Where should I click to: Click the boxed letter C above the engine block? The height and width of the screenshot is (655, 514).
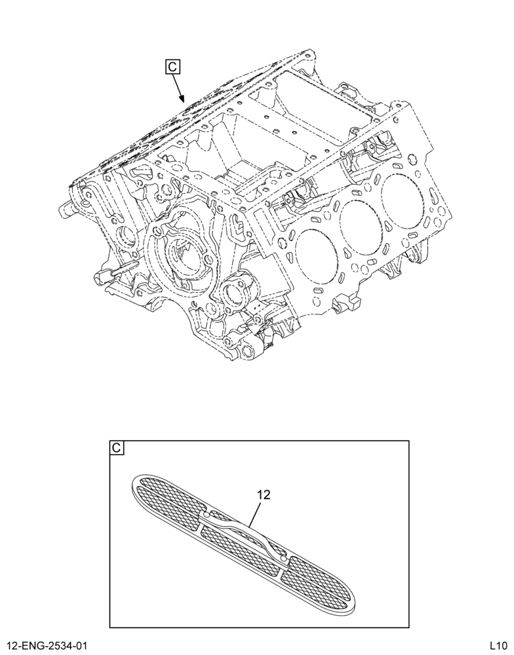172,67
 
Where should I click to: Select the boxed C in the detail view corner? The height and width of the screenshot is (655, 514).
117,448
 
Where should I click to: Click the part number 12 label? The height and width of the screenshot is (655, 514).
264,495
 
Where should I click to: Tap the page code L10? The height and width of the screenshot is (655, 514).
499,646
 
